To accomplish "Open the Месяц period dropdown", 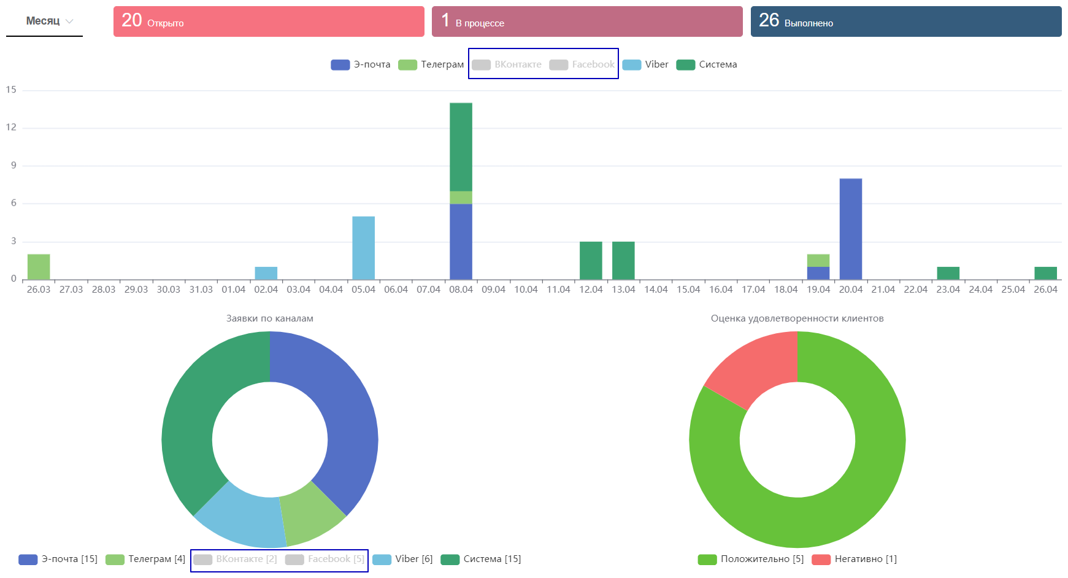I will pyautogui.click(x=49, y=21).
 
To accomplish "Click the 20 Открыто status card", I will pyautogui.click(x=269, y=21).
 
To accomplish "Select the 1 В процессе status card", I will pyautogui.click(x=587, y=21).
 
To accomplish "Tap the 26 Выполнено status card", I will pyautogui.click(x=906, y=21).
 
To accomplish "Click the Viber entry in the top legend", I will pyautogui.click(x=646, y=64).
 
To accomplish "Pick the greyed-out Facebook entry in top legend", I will pyautogui.click(x=583, y=64).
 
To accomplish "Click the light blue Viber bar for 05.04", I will pyautogui.click(x=363, y=248).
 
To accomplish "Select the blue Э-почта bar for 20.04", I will pyautogui.click(x=850, y=229).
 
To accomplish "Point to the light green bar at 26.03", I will pyautogui.click(x=39, y=267).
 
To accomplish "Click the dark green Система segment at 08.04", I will pyautogui.click(x=461, y=147).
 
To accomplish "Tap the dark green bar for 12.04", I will pyautogui.click(x=591, y=261).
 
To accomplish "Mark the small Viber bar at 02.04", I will pyautogui.click(x=266, y=273).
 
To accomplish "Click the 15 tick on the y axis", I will pyautogui.click(x=12, y=90).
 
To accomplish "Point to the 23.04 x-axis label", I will pyautogui.click(x=948, y=290).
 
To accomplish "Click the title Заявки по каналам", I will pyautogui.click(x=270, y=318).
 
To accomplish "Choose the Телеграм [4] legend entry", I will pyautogui.click(x=146, y=559).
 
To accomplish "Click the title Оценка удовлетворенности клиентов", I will pyautogui.click(x=797, y=318).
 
